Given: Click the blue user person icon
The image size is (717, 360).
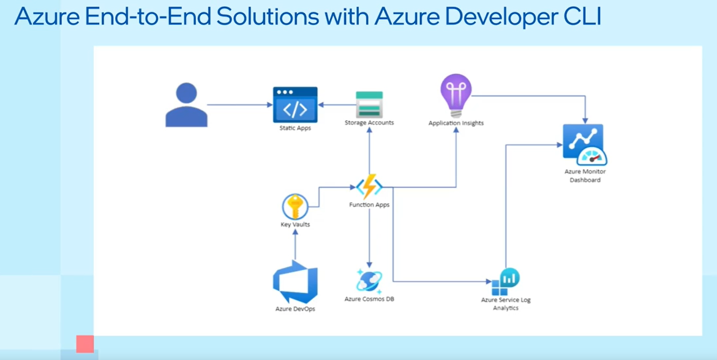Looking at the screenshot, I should pos(186,105).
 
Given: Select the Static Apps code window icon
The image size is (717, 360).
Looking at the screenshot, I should pos(295,105).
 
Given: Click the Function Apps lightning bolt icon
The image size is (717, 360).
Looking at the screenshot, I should pos(369,186).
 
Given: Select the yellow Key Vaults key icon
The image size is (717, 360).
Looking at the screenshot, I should pos(295,206).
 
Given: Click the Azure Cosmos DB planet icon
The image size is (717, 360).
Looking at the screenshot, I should pos(369,280).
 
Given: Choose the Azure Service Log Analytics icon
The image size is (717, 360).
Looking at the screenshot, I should pos(506,282).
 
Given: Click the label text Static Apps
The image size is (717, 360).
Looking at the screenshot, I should pos(295,128).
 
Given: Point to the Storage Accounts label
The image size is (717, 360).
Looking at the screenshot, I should pos(369,122).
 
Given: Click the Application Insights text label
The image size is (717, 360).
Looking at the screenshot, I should pos(456,123).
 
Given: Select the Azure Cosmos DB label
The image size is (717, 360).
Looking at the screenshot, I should pos(369,299).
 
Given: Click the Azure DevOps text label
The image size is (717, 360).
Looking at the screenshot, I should pos(295,309).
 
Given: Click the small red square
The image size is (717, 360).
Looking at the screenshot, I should pos(84,344).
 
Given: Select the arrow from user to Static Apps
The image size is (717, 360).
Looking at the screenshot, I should pos(239,105).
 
